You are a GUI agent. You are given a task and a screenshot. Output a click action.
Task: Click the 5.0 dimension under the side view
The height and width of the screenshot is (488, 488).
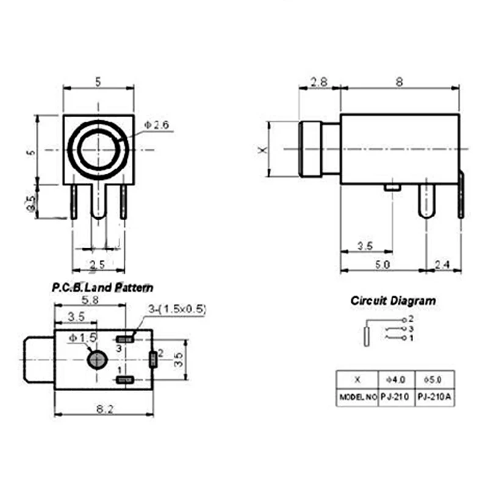click(x=382, y=264)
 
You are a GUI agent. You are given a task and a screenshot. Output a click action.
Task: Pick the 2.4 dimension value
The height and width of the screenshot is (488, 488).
click(x=443, y=264)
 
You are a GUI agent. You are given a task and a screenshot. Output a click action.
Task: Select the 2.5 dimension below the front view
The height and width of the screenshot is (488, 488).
click(x=98, y=264)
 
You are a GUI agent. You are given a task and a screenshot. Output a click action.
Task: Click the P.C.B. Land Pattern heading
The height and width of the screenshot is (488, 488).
click(x=102, y=287)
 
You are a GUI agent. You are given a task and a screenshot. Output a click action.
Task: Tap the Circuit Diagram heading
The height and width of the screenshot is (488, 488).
click(x=393, y=300)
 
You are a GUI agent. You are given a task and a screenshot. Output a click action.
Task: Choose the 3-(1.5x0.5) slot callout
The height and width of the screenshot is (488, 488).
click(x=177, y=309)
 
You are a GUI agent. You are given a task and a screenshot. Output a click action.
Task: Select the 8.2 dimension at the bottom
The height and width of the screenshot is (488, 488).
click(x=104, y=409)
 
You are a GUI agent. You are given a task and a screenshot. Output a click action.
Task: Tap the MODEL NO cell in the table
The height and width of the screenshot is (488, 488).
click(x=357, y=396)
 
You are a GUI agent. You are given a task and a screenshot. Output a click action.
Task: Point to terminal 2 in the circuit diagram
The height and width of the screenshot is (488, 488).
click(x=404, y=319)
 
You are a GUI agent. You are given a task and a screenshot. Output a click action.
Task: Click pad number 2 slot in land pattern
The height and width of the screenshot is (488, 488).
click(x=152, y=359)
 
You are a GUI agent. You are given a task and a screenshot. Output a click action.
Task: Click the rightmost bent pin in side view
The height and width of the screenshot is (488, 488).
click(x=461, y=195)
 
